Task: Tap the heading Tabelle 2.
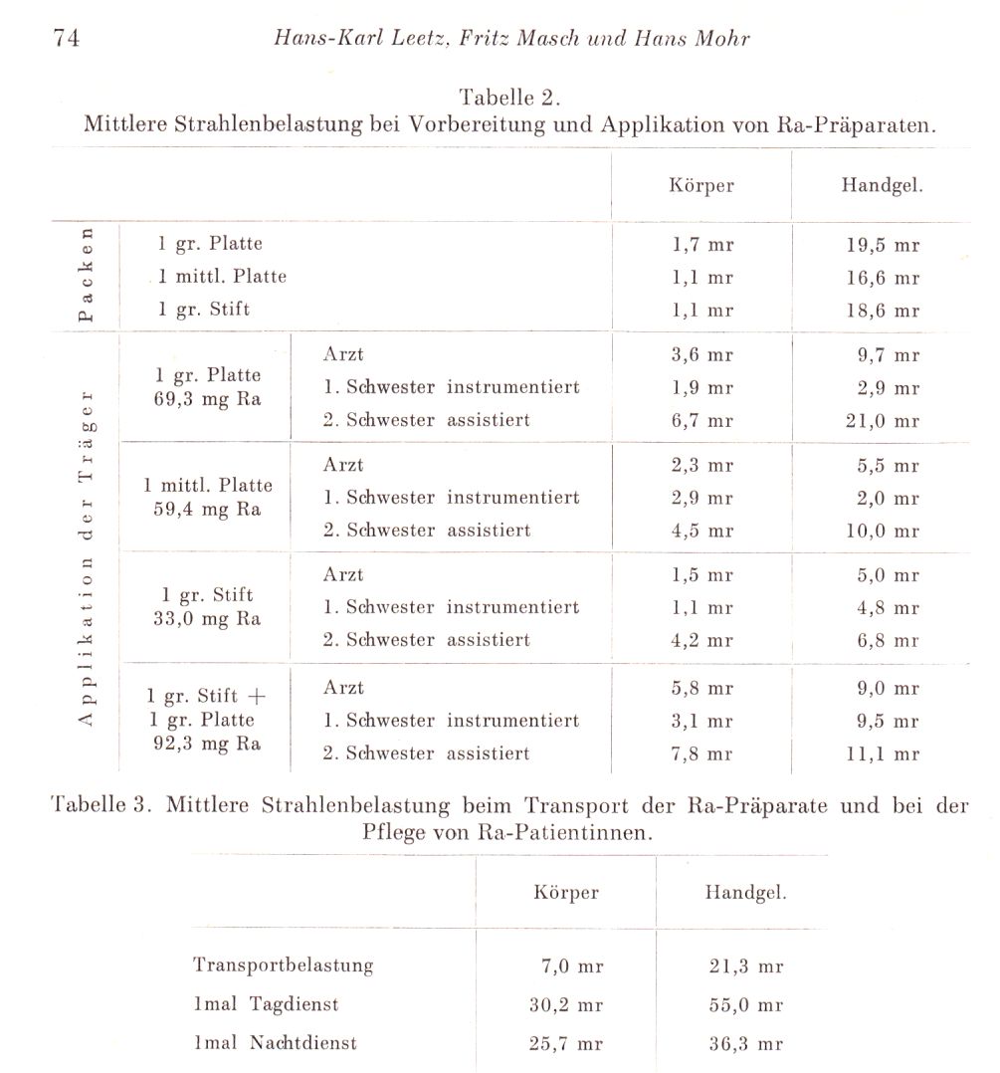(x=510, y=98)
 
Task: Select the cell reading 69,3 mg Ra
(x=208, y=398)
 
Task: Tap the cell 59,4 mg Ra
(x=208, y=509)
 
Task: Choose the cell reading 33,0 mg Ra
(x=208, y=618)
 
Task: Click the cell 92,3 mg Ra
(x=207, y=744)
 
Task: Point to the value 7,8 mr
(x=701, y=753)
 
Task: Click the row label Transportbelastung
(x=284, y=965)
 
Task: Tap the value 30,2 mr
(x=566, y=1004)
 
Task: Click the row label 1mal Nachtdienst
(x=276, y=1043)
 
